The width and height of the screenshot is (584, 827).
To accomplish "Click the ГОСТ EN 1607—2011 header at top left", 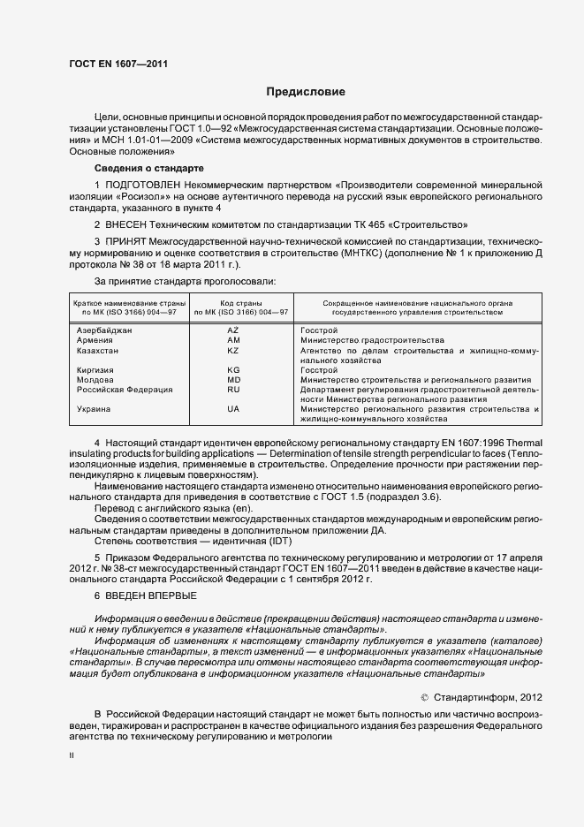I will pyautogui.click(x=118, y=64).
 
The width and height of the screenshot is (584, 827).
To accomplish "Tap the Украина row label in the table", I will pyautogui.click(x=94, y=409).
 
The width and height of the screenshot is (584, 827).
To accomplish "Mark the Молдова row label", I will pyautogui.click(x=95, y=379).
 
